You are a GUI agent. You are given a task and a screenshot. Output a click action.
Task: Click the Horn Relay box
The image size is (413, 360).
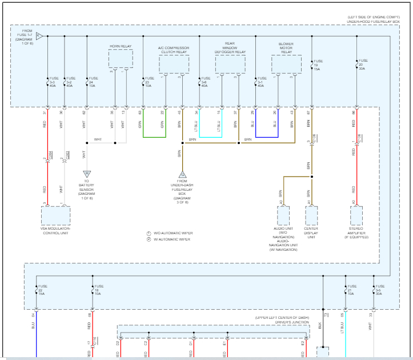[x=121, y=58]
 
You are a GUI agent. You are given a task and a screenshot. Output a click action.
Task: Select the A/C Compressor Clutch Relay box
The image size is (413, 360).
[x=174, y=65]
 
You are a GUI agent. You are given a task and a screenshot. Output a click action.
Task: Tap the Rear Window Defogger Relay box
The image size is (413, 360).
[x=230, y=65]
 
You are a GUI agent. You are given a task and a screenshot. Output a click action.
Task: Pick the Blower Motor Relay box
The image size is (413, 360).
[x=286, y=64]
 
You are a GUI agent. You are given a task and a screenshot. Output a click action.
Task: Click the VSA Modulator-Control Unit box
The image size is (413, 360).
[x=55, y=217]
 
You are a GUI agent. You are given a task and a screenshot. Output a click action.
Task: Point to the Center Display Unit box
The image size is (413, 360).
[x=311, y=216]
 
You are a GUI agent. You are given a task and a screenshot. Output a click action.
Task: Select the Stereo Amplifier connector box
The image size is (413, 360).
[x=356, y=216]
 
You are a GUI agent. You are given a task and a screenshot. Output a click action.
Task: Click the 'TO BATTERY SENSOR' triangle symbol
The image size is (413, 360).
[x=87, y=174]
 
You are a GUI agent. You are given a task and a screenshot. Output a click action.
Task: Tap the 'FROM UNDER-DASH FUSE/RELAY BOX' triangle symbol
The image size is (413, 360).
[x=182, y=175]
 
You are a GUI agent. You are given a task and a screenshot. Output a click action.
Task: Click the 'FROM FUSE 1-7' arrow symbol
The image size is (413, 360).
[x=39, y=36]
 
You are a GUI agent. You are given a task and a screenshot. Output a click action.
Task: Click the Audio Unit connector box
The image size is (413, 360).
[x=284, y=216]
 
